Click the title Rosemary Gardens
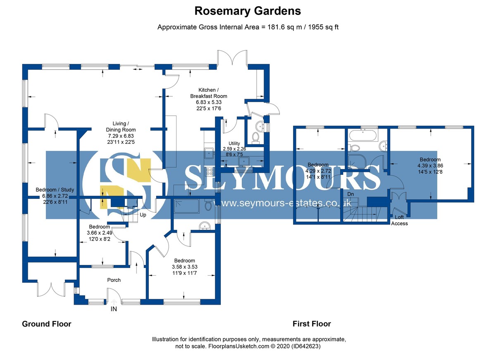[248, 10]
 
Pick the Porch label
[114, 280]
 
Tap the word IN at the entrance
[114, 309]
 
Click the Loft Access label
[400, 220]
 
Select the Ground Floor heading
[46, 324]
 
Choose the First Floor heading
[312, 324]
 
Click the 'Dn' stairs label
[351, 194]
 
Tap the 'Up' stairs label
[143, 215]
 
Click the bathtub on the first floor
[362, 135]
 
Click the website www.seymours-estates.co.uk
[286, 203]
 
